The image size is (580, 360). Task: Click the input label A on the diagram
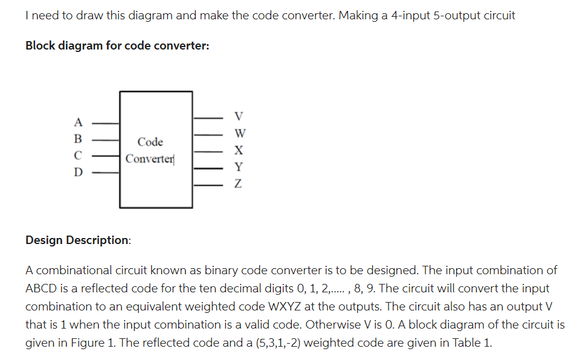click(78, 120)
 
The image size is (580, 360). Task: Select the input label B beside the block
click(78, 137)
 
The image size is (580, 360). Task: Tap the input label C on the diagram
click(78, 155)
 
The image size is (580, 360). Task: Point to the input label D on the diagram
click(78, 172)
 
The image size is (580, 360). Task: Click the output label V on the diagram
click(239, 116)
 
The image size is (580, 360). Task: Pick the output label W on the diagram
click(239, 133)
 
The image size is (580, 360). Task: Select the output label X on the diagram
click(239, 150)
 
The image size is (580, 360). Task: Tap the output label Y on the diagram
click(239, 167)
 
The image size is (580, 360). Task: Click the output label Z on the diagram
click(239, 184)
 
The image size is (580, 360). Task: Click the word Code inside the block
click(150, 142)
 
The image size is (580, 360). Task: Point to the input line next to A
click(105, 123)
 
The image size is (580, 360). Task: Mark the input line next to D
click(105, 171)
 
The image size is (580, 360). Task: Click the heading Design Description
click(77, 240)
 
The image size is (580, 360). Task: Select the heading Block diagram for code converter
click(117, 46)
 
